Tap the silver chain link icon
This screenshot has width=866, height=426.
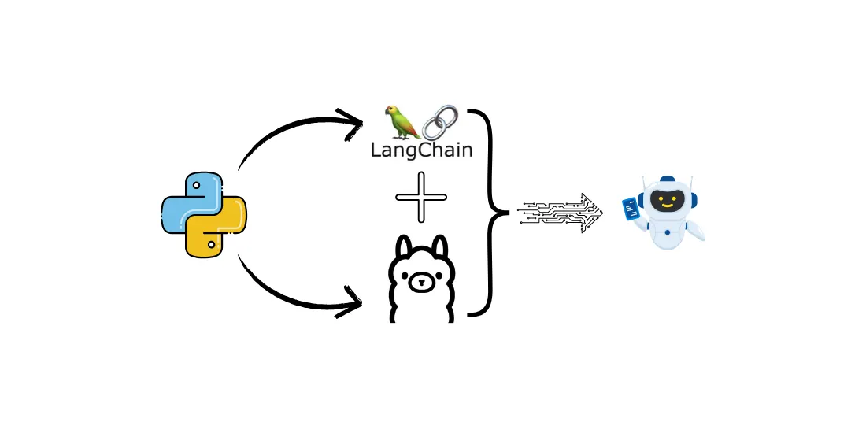tap(441, 122)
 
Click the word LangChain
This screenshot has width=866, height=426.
tap(421, 149)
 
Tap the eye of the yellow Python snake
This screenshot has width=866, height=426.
tap(212, 246)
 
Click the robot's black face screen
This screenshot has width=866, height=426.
tap(667, 200)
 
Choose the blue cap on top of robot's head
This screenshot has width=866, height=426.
tap(667, 180)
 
